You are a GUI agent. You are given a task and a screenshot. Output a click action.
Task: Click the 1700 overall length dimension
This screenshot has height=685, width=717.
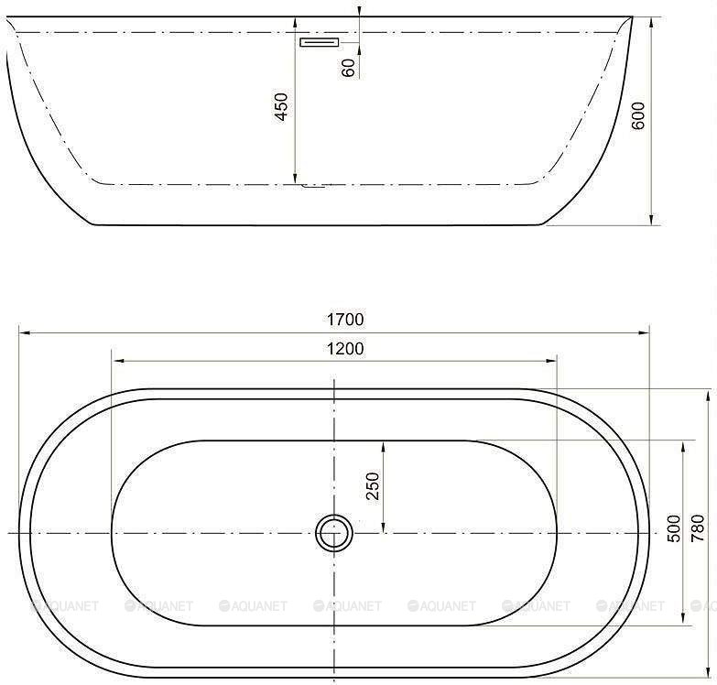(346, 320)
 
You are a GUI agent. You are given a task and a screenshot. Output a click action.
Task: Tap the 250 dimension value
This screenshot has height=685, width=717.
(373, 486)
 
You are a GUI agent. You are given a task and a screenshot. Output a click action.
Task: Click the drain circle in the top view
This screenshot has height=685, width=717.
(333, 532)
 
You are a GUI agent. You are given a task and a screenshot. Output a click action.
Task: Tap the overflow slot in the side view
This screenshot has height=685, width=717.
(320, 41)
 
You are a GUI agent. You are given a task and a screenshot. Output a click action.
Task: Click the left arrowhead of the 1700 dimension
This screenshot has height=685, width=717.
(23, 333)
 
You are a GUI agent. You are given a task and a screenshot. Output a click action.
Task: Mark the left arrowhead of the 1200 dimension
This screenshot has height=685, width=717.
(115, 361)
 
